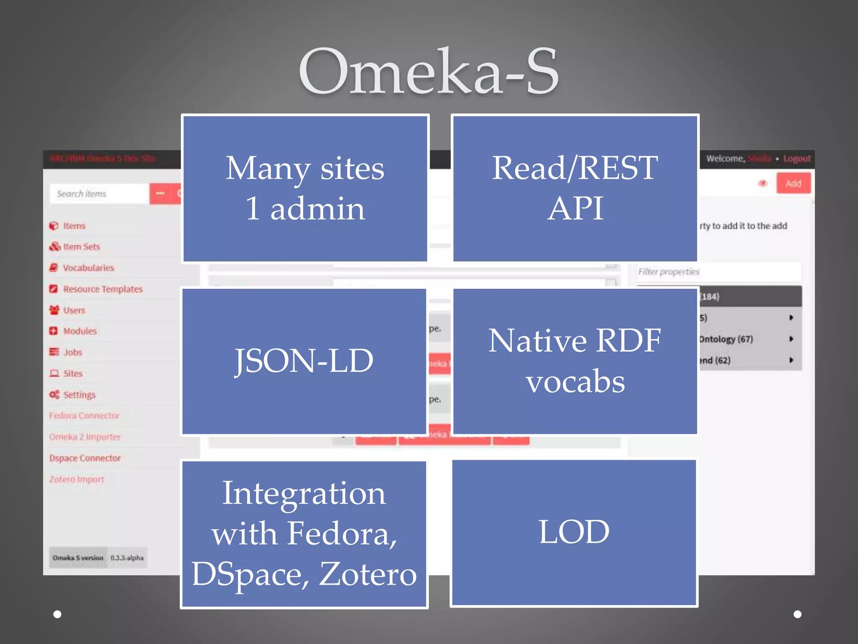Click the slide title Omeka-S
pyautogui.click(x=429, y=71)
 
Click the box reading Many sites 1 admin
pyautogui.click(x=305, y=188)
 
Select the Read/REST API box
pyautogui.click(x=575, y=188)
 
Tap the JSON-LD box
pyautogui.click(x=304, y=361)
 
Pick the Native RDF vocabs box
pyautogui.click(x=575, y=361)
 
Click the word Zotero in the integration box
pyautogui.click(x=368, y=574)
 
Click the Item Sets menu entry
pyautogui.click(x=81, y=247)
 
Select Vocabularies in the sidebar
pyautogui.click(x=88, y=268)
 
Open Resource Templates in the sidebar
pyautogui.click(x=103, y=289)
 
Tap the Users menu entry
pyautogui.click(x=74, y=311)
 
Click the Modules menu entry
pyautogui.click(x=80, y=331)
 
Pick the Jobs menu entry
pyautogui.click(x=73, y=353)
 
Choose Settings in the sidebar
pyautogui.click(x=79, y=395)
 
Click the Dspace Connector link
pyautogui.click(x=85, y=458)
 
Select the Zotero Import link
pyautogui.click(x=77, y=479)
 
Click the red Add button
pyautogui.click(x=793, y=184)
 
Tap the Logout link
pyautogui.click(x=797, y=159)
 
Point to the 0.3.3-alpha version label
pyautogui.click(x=127, y=558)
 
